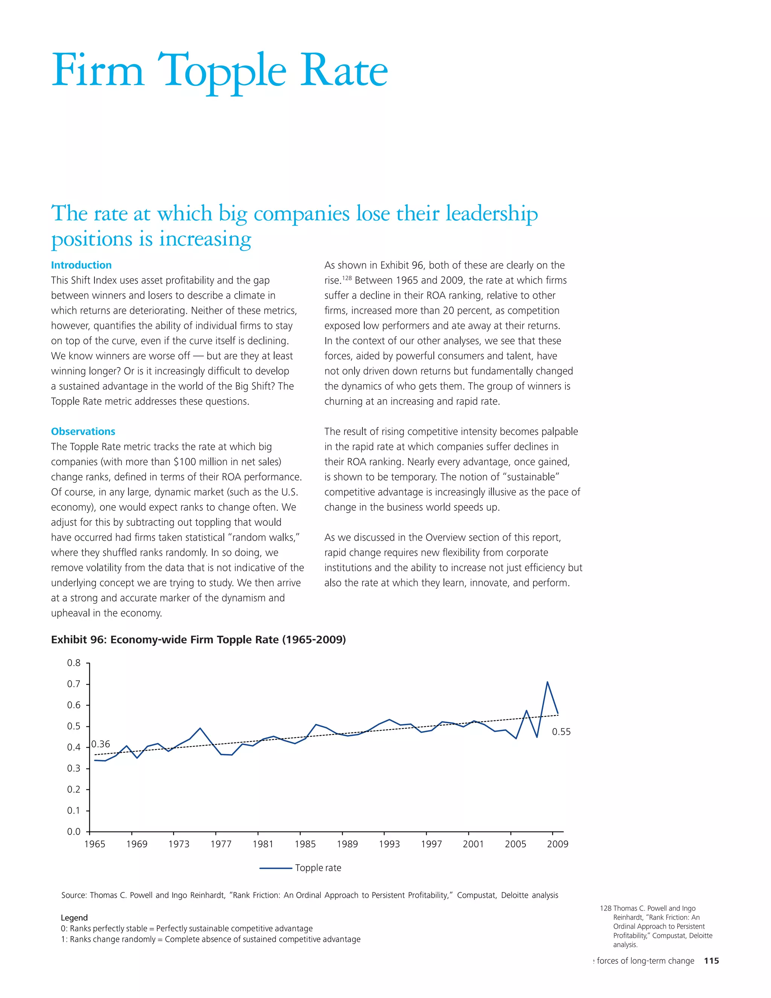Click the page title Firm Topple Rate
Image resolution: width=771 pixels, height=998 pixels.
click(x=219, y=71)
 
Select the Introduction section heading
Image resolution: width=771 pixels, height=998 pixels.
click(x=81, y=265)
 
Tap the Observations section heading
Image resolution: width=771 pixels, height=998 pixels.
click(x=83, y=431)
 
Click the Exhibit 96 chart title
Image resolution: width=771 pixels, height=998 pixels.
click(x=198, y=639)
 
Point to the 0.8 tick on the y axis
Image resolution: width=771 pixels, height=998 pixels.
click(x=74, y=663)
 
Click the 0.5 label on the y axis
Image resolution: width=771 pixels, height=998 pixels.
click(x=74, y=726)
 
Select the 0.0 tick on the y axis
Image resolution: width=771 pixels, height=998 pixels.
click(x=74, y=832)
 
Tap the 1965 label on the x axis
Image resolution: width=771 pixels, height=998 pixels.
click(x=94, y=844)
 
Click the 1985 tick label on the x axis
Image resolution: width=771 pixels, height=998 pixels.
click(x=305, y=844)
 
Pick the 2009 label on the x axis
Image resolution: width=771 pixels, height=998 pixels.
click(x=558, y=844)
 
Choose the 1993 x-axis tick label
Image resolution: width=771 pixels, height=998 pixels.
click(x=389, y=844)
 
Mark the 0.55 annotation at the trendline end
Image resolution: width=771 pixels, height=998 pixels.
click(x=561, y=732)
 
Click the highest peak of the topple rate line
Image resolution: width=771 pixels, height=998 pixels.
click(x=547, y=682)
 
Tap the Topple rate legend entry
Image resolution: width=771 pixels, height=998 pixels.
click(x=318, y=868)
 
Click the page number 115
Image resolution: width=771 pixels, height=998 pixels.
click(x=711, y=961)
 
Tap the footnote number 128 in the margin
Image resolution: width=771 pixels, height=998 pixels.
click(x=605, y=908)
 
